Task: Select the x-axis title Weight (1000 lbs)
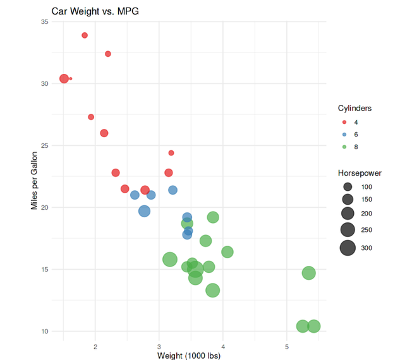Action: tap(189, 355)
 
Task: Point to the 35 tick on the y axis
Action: tap(44, 22)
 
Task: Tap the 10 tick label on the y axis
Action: tap(44, 331)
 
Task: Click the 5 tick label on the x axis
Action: tap(287, 346)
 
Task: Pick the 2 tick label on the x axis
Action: tap(95, 346)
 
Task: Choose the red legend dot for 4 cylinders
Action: tap(344, 122)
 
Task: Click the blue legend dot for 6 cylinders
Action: tap(344, 135)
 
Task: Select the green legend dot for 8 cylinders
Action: tap(344, 147)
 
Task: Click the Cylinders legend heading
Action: tap(354, 108)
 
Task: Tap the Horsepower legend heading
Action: tap(360, 172)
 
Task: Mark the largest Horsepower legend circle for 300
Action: tap(347, 248)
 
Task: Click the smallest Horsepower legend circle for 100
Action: tap(347, 187)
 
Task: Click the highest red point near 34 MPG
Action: tap(85, 35)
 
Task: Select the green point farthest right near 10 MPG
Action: tap(313, 326)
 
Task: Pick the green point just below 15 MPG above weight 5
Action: tap(308, 273)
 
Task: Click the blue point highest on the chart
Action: tap(172, 190)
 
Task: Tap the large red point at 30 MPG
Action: tap(64, 79)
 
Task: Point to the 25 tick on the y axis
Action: tap(44, 145)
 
